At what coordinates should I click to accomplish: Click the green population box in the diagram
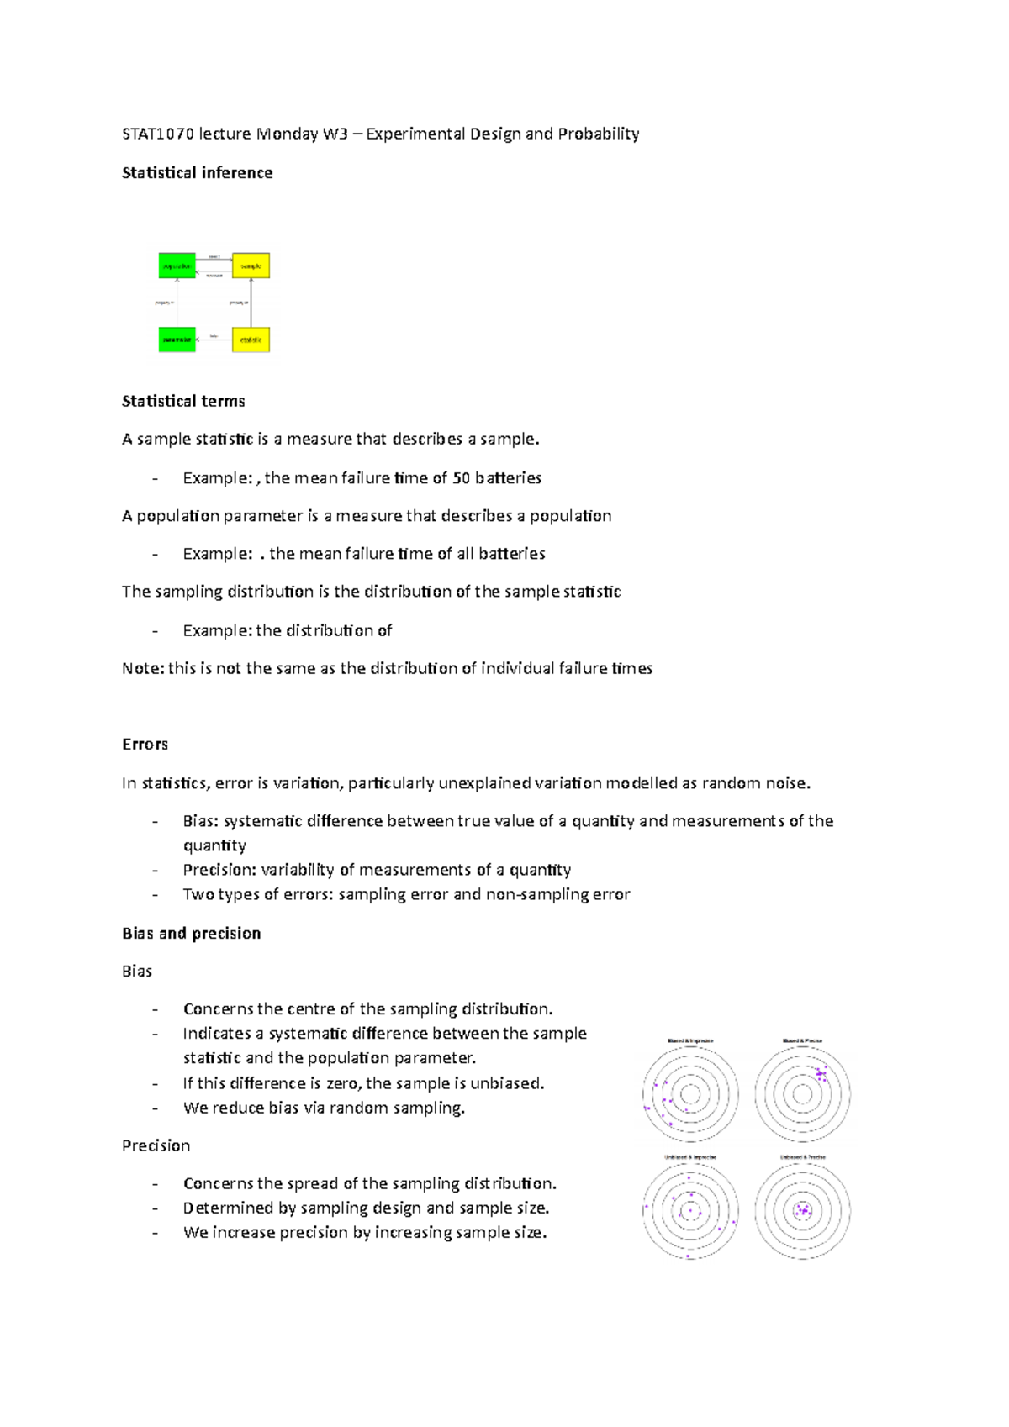[177, 266]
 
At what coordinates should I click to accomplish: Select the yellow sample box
[251, 266]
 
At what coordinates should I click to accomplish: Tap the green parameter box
[177, 340]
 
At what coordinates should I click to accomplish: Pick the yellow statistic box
[251, 340]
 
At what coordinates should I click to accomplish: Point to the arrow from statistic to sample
[251, 303]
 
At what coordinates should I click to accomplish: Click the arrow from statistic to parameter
[214, 340]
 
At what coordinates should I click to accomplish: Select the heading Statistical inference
[197, 172]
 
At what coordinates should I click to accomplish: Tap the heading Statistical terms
[183, 401]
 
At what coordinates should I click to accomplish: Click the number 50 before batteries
[461, 477]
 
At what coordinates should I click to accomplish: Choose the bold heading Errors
[145, 744]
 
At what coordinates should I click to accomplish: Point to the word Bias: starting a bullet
[201, 820]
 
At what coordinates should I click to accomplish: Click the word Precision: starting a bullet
[219, 869]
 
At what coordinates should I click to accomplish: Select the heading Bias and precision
[191, 933]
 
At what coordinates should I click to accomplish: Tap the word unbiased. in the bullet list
[507, 1082]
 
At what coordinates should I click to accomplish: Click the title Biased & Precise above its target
[802, 1040]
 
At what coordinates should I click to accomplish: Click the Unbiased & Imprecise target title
[690, 1157]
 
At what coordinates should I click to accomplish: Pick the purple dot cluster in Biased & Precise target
[821, 1073]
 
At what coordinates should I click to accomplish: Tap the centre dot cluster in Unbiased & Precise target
[803, 1211]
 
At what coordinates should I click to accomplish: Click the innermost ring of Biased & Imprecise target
[690, 1094]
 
